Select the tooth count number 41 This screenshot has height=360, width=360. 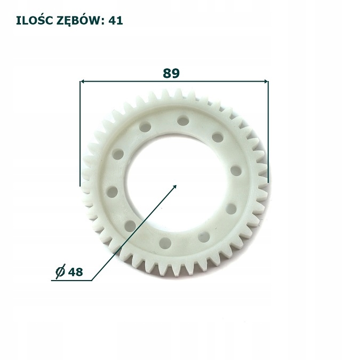(117, 21)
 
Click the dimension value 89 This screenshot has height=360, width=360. (171, 73)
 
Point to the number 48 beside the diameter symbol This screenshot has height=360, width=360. (76, 271)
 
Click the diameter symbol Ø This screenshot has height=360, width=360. (60, 271)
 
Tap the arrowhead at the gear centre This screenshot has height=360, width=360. (175, 187)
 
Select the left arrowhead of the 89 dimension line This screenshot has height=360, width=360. (83, 82)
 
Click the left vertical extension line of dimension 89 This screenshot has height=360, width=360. (80, 133)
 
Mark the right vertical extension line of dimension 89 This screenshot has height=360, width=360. (268, 133)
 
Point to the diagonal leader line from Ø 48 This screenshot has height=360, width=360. (133, 234)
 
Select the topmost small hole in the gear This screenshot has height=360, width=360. (181, 121)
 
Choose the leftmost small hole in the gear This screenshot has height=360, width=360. (112, 191)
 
